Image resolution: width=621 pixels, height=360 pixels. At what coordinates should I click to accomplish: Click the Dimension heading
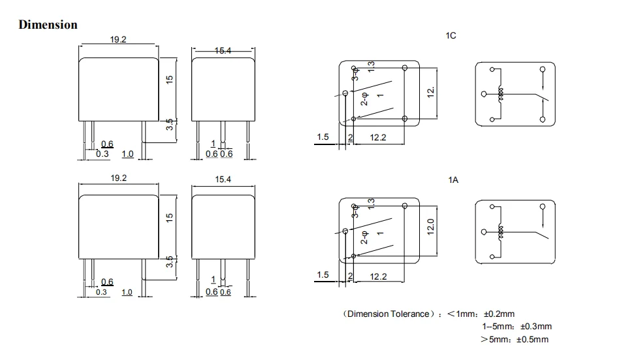(x=48, y=25)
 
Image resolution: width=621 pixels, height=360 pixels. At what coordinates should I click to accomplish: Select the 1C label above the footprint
(x=451, y=36)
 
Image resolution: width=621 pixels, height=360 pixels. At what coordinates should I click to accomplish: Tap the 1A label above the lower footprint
(x=453, y=180)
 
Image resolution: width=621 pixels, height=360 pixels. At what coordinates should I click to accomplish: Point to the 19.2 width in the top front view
(x=118, y=40)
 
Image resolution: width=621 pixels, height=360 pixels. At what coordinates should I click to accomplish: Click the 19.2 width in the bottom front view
(x=118, y=178)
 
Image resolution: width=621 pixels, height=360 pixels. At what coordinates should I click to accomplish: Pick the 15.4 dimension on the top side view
(x=223, y=51)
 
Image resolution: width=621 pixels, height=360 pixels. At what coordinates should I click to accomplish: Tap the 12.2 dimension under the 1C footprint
(x=379, y=137)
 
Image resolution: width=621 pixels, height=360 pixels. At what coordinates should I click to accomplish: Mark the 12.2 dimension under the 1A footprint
(x=379, y=276)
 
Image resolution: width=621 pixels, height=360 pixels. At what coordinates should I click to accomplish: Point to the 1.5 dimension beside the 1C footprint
(x=323, y=137)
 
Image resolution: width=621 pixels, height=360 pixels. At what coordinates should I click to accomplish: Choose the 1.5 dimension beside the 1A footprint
(x=323, y=275)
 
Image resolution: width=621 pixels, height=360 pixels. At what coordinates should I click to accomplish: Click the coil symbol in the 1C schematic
(x=502, y=94)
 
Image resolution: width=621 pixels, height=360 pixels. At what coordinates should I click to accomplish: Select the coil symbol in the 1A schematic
(x=502, y=232)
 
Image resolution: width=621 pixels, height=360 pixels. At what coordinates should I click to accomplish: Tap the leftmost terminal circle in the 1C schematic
(x=484, y=94)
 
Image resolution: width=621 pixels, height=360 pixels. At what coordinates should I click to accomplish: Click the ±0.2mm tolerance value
(x=498, y=314)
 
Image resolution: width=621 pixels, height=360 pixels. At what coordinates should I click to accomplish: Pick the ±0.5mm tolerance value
(x=532, y=339)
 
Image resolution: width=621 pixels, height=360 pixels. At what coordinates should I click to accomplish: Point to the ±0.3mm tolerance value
(x=535, y=327)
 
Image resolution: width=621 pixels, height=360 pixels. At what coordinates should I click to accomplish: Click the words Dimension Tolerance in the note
(x=387, y=314)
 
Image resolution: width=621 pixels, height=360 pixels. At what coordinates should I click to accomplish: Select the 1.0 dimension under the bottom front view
(x=127, y=292)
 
